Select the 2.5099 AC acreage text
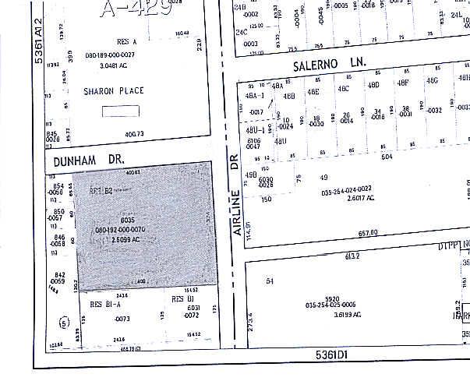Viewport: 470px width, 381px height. click(x=125, y=240)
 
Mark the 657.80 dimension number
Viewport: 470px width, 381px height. click(x=366, y=232)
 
